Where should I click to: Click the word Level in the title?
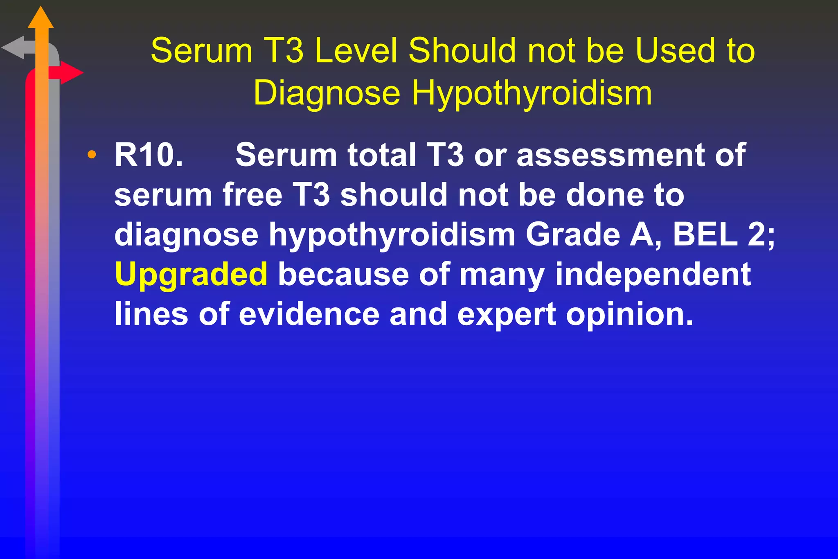[356, 51]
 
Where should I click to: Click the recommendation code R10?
[148, 155]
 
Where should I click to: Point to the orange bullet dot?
[92, 155]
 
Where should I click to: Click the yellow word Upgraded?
[191, 274]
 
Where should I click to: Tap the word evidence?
[309, 314]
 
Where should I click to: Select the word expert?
[507, 315]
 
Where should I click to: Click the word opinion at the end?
[630, 315]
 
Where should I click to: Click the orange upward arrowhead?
[41, 18]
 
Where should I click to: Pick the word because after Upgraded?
[343, 274]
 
